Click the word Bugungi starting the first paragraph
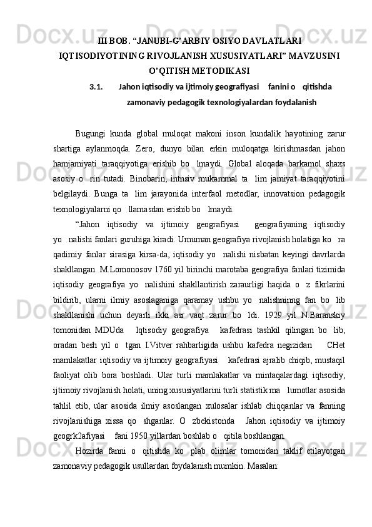(89, 133)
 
